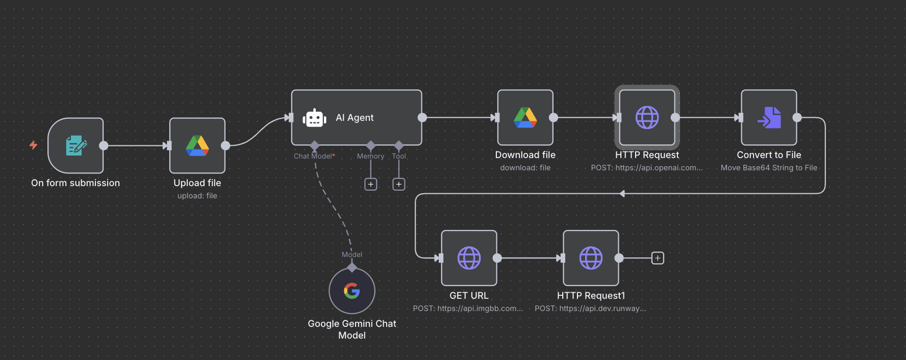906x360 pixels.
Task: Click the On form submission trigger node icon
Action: click(x=75, y=146)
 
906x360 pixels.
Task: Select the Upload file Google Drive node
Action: click(x=197, y=146)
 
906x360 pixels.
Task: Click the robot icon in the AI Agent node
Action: click(x=314, y=118)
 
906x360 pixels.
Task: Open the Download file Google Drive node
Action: click(x=525, y=118)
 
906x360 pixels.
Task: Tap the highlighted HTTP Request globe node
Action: click(x=647, y=118)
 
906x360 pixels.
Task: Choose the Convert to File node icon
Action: click(x=769, y=118)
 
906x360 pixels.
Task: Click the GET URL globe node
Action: click(x=469, y=258)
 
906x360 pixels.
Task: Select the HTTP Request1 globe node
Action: click(x=591, y=258)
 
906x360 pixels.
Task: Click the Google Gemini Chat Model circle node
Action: click(x=352, y=291)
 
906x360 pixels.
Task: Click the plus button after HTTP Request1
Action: click(x=658, y=259)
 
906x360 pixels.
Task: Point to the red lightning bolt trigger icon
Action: click(x=34, y=145)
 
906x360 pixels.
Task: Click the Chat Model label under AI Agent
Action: click(x=313, y=156)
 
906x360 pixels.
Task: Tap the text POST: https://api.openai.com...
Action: click(x=647, y=168)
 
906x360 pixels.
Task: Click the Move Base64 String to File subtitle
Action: click(x=769, y=168)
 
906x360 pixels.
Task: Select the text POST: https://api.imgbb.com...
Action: click(x=468, y=308)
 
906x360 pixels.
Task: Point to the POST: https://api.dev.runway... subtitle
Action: click(x=590, y=308)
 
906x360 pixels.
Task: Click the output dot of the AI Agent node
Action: click(x=422, y=118)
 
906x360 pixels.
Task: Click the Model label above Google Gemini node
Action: click(x=352, y=254)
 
